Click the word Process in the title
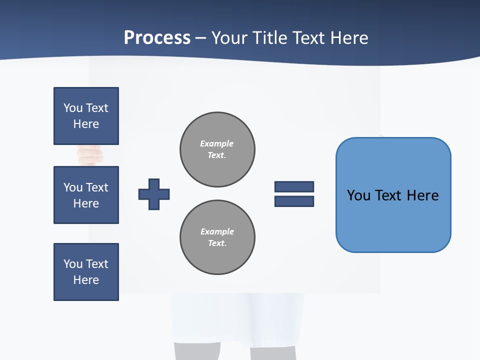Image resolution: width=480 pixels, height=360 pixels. [x=157, y=38]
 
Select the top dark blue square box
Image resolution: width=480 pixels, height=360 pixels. [x=86, y=116]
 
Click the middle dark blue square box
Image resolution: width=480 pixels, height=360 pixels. [x=86, y=195]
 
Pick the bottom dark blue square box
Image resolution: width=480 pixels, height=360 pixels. [x=86, y=272]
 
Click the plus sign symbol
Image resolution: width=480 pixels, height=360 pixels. [x=154, y=194]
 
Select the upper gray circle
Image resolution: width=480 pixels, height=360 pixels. [x=217, y=149]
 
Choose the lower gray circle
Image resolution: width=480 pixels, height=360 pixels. [x=217, y=237]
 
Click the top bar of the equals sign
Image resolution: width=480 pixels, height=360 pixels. [x=294, y=186]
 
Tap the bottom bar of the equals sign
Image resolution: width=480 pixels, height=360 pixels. [x=294, y=201]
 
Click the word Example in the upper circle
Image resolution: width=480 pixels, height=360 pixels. [x=217, y=143]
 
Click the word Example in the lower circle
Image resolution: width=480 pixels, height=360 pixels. [x=217, y=231]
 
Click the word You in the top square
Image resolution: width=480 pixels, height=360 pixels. [x=72, y=108]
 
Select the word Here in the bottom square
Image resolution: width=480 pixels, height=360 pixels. [x=86, y=280]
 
